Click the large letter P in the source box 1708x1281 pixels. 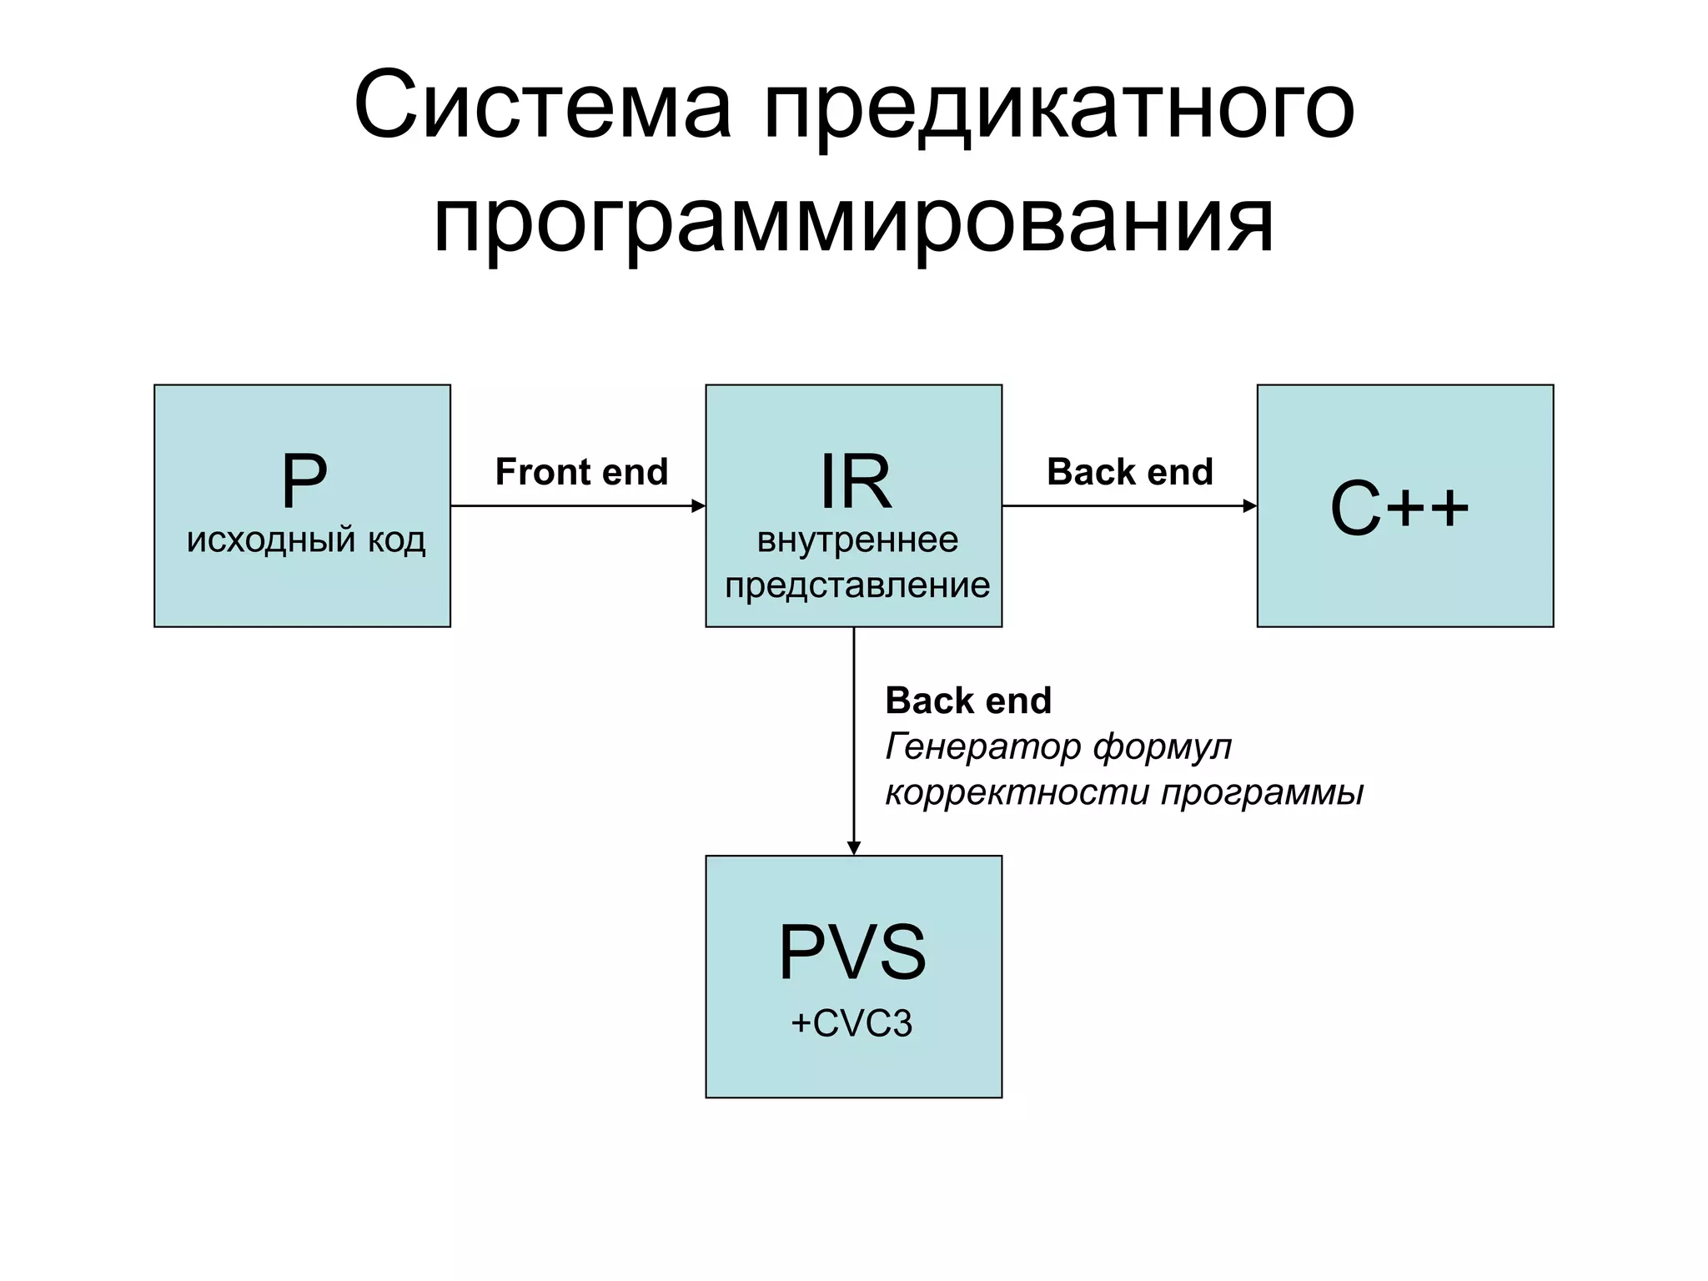(304, 481)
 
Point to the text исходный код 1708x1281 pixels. (306, 540)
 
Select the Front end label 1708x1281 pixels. (581, 472)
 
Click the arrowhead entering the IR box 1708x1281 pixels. (699, 505)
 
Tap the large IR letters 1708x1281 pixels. (855, 481)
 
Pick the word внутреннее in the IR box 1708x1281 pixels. (857, 540)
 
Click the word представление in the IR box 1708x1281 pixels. (857, 585)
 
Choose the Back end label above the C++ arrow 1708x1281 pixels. (1129, 472)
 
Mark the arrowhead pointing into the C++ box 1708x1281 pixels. (1250, 505)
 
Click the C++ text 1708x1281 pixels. (1399, 508)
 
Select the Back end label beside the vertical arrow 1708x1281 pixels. (968, 701)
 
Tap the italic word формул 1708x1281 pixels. (1163, 747)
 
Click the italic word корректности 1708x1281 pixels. (1017, 792)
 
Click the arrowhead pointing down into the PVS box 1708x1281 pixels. (853, 848)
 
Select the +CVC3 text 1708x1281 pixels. (851, 1023)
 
